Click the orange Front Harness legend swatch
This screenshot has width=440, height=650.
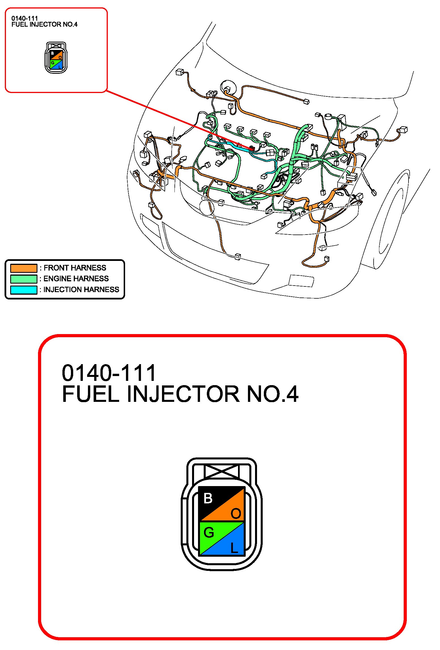24,268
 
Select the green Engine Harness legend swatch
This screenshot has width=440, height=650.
24,279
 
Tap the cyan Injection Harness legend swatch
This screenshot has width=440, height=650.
24,290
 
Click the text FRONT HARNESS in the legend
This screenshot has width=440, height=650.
75,268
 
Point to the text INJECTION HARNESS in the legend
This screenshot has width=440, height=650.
81,290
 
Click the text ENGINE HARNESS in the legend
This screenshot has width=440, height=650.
76,279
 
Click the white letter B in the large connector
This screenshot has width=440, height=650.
208,498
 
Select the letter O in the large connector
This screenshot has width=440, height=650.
236,514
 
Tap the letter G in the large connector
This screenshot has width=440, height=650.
209,533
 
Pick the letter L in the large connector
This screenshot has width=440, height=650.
234,548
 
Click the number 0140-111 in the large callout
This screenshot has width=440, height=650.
109,373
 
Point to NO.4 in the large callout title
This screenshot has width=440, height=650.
273,394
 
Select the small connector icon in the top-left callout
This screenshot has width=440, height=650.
56,58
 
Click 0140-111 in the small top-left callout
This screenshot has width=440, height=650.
25,18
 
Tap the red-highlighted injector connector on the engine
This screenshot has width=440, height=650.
251,148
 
